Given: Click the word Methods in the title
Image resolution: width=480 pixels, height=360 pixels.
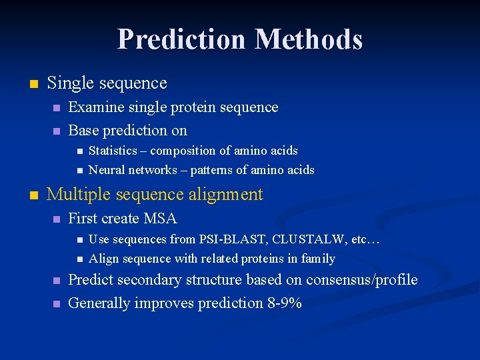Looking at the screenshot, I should click(x=308, y=39).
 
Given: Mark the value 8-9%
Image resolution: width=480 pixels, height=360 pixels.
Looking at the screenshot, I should click(x=285, y=303).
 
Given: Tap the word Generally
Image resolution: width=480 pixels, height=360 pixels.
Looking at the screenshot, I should click(x=99, y=303).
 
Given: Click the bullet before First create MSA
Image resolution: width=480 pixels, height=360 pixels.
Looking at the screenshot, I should click(x=57, y=219).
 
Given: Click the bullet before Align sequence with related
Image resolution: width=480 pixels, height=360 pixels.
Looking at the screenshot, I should click(x=79, y=259).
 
